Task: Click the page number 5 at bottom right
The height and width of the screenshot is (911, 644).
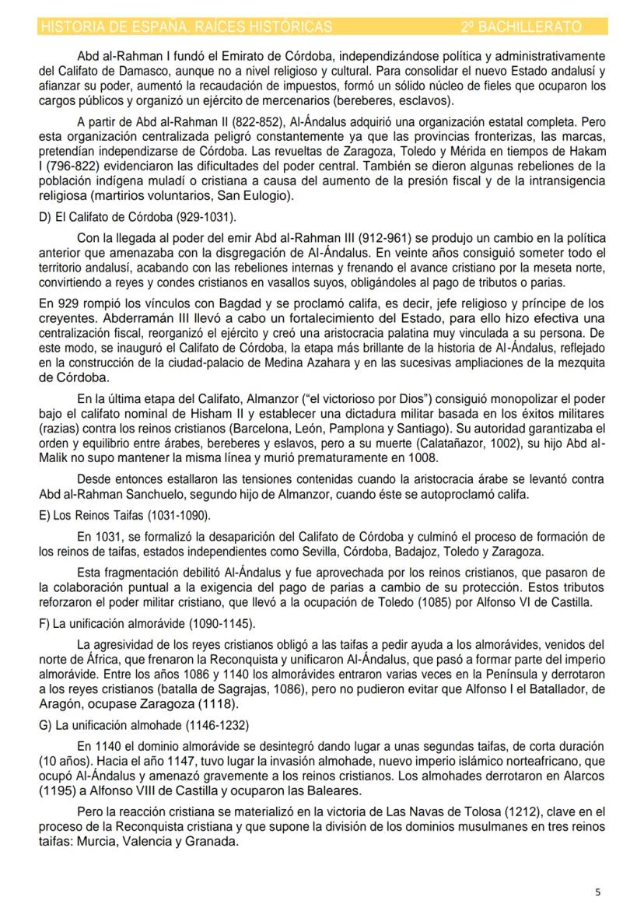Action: pyautogui.click(x=597, y=892)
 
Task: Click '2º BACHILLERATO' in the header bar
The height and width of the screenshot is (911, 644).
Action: pyautogui.click(x=520, y=27)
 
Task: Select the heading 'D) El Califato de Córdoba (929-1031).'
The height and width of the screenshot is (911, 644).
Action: pyautogui.click(x=133, y=215)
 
